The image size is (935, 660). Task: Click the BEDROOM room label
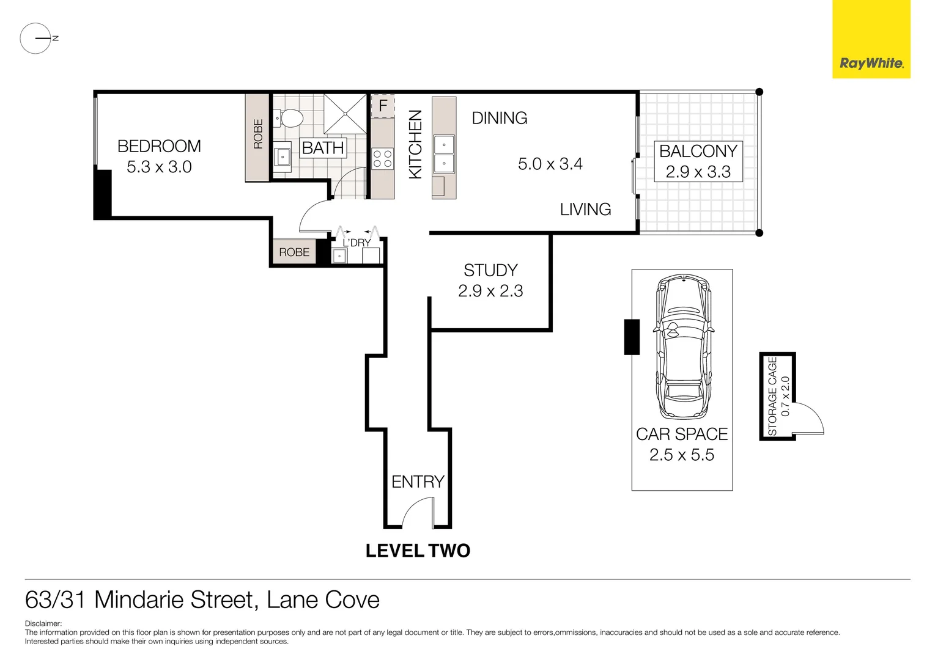click(159, 146)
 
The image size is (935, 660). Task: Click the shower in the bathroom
click(345, 114)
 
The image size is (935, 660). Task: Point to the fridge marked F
click(383, 106)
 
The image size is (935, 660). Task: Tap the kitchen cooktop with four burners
click(383, 159)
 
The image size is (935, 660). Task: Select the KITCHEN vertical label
click(415, 144)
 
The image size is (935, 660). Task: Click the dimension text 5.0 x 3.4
click(550, 164)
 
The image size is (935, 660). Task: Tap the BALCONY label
click(698, 151)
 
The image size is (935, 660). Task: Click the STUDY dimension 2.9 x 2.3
click(490, 291)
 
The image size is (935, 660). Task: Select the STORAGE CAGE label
click(772, 396)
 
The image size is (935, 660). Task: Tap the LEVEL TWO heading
click(418, 551)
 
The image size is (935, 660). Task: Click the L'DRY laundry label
click(357, 243)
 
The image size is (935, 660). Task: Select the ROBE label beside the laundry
click(294, 252)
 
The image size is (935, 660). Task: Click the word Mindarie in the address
click(173, 599)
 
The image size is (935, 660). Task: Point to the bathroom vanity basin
click(282, 157)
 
